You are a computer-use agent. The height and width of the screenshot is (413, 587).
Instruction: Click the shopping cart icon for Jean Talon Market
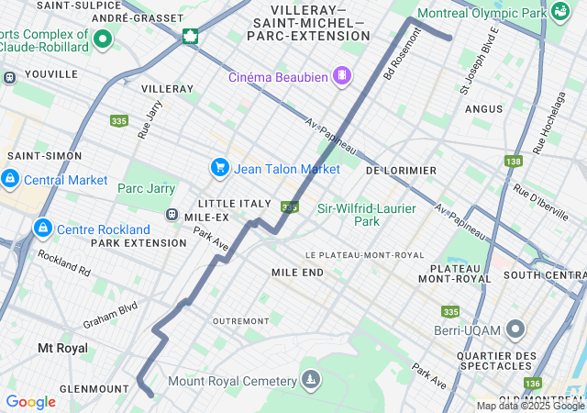point(219,167)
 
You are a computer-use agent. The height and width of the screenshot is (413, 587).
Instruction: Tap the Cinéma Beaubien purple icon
point(341,74)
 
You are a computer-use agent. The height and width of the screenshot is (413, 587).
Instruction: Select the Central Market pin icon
point(10,177)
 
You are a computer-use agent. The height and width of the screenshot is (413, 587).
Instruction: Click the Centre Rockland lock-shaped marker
point(41,227)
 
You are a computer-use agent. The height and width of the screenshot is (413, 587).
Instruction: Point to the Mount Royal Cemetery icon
point(312,380)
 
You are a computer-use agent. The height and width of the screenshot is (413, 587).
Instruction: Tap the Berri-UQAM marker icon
point(515,329)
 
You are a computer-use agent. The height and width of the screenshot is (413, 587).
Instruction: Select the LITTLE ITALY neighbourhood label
point(235,203)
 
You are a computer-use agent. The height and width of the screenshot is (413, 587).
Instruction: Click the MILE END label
point(297,273)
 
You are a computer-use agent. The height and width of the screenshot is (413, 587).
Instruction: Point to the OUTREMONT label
point(240,320)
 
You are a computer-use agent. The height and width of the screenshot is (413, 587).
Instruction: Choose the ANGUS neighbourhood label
point(483,109)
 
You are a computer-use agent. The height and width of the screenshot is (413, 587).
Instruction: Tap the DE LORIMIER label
point(401,171)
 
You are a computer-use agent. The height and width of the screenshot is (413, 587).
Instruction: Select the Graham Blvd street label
point(110,315)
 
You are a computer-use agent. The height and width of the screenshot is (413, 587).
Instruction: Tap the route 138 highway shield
point(513,162)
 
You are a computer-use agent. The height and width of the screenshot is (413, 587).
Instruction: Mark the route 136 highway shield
point(532,383)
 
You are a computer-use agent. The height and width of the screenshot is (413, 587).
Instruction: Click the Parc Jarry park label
point(146,188)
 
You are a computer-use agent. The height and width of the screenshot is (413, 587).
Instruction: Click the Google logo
point(30,401)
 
